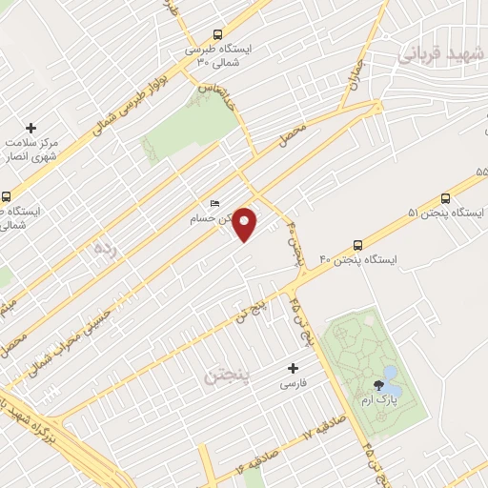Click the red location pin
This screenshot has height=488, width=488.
[x=245, y=224]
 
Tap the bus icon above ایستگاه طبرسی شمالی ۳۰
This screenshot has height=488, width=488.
[x=218, y=33]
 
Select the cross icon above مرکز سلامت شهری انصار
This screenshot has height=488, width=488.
[x=30, y=128]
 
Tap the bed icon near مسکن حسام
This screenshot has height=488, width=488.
[x=214, y=204]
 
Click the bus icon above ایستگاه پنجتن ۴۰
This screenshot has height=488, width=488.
[x=357, y=244]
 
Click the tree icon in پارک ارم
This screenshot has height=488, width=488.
[x=379, y=387]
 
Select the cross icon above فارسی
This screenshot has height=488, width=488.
[x=293, y=368]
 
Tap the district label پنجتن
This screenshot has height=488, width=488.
[x=225, y=375]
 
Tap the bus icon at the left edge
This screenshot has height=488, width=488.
[x=7, y=196]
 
